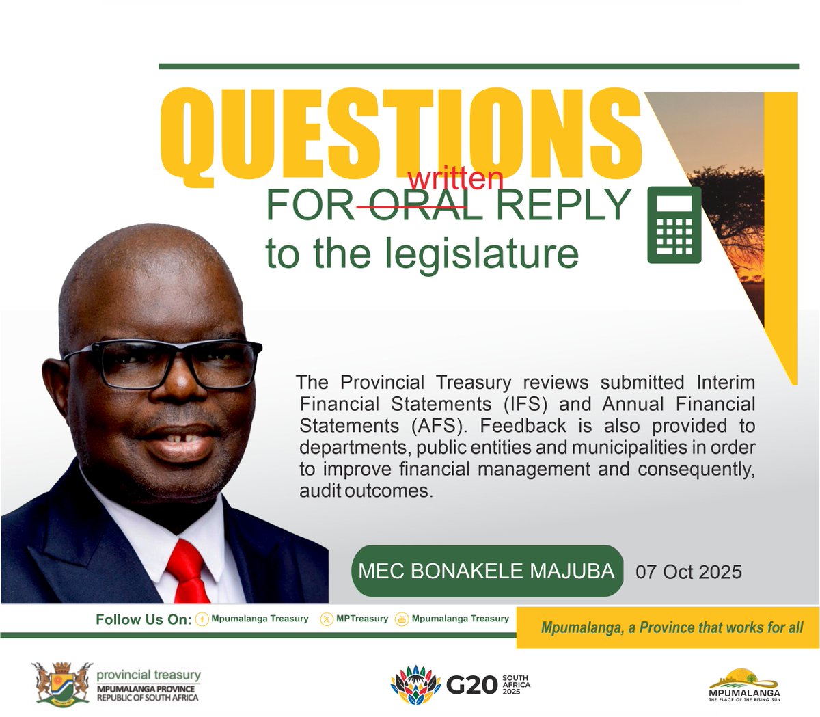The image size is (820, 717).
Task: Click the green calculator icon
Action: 674,224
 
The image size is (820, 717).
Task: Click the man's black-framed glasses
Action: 164,362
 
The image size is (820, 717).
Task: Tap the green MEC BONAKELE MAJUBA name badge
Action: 487,571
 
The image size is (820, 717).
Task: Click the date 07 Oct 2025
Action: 688,571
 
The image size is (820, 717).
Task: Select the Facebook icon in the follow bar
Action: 202,619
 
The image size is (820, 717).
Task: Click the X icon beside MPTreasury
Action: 327,619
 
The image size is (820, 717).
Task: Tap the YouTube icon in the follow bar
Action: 402,619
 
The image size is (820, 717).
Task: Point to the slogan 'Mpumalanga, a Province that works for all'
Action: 672,627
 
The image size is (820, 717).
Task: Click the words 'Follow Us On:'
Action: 143,620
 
